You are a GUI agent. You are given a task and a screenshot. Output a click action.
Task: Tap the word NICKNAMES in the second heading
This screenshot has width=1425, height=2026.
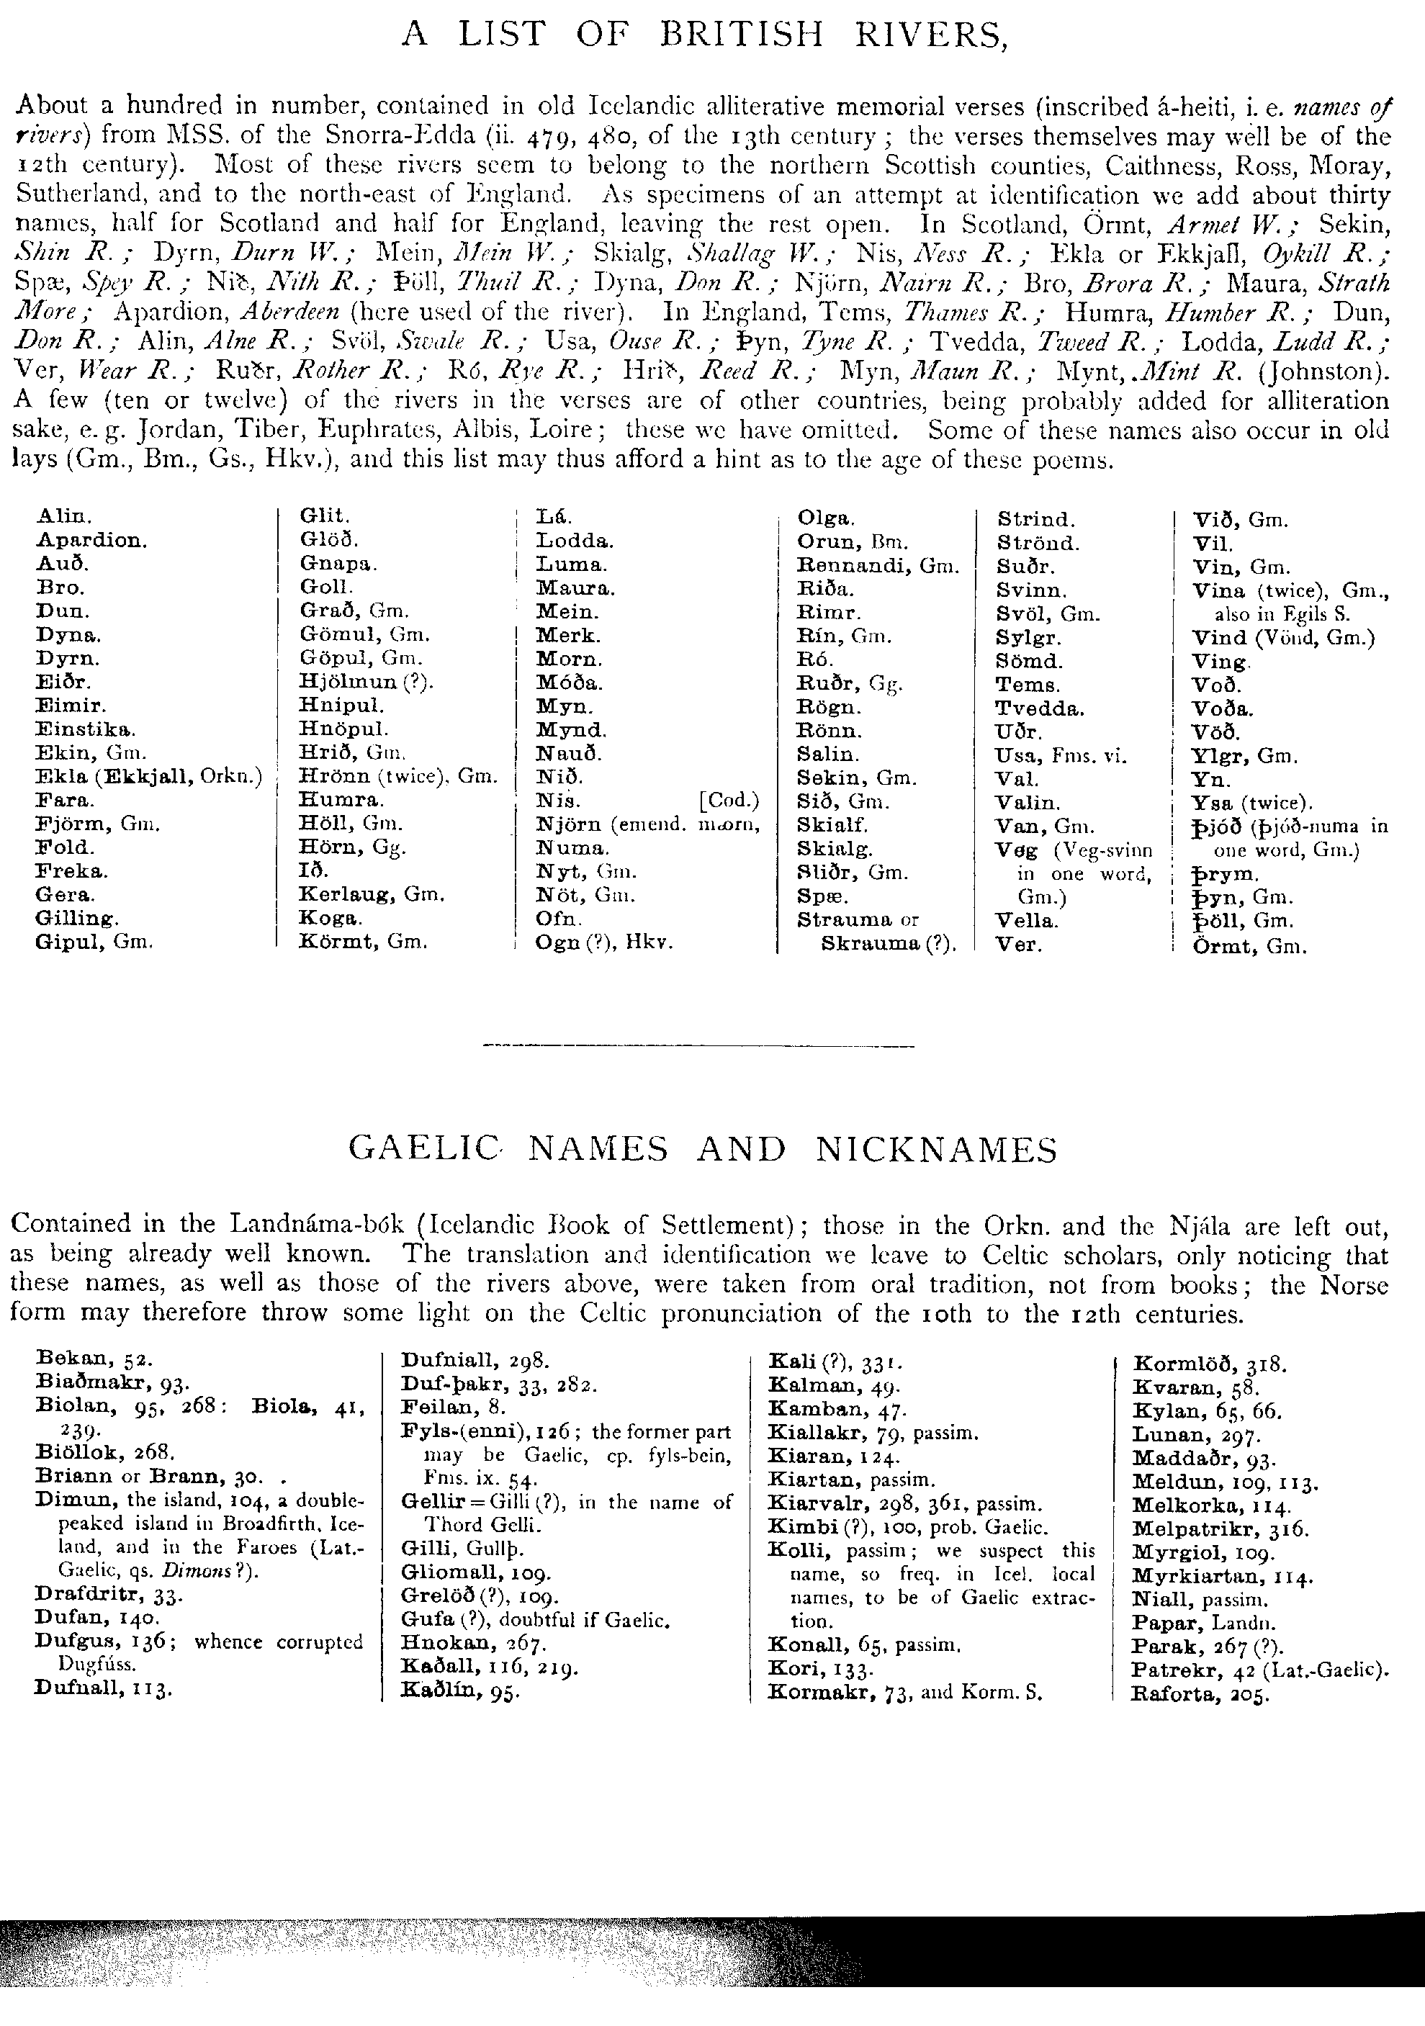pyautogui.click(x=935, y=1150)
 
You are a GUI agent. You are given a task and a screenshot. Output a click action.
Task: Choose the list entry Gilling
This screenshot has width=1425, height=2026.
pyautogui.click(x=76, y=919)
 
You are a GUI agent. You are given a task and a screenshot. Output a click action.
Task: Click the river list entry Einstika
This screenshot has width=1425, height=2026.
pyautogui.click(x=86, y=729)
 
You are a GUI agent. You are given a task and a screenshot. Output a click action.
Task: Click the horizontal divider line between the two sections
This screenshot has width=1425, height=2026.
pyautogui.click(x=699, y=1048)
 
